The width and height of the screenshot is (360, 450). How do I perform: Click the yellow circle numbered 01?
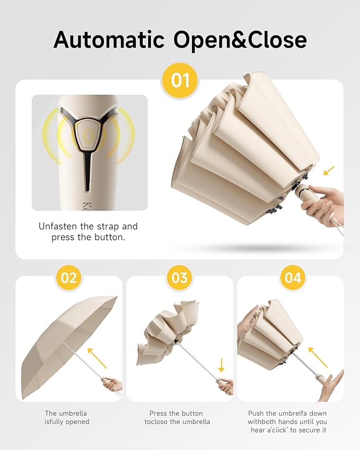pyautogui.click(x=180, y=81)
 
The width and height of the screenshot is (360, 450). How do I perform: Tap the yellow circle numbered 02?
pyautogui.click(x=69, y=277)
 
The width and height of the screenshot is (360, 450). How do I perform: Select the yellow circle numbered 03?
pyautogui.click(x=180, y=277)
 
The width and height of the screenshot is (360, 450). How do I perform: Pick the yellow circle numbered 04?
pyautogui.click(x=293, y=277)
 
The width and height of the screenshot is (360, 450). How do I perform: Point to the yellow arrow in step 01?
pyautogui.click(x=329, y=170)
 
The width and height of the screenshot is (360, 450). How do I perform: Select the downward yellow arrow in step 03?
pyautogui.click(x=221, y=366)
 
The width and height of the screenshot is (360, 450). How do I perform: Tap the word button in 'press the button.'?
pyautogui.click(x=109, y=237)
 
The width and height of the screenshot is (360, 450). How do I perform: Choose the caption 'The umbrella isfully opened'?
pyautogui.click(x=67, y=418)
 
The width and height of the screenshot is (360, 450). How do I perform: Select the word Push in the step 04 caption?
pyautogui.click(x=257, y=413)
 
